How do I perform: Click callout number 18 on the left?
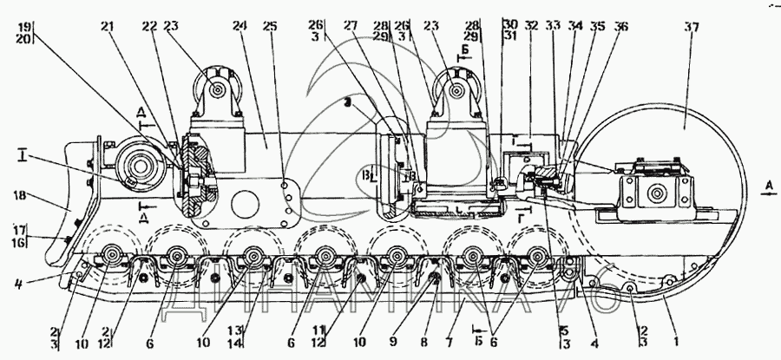23,198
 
